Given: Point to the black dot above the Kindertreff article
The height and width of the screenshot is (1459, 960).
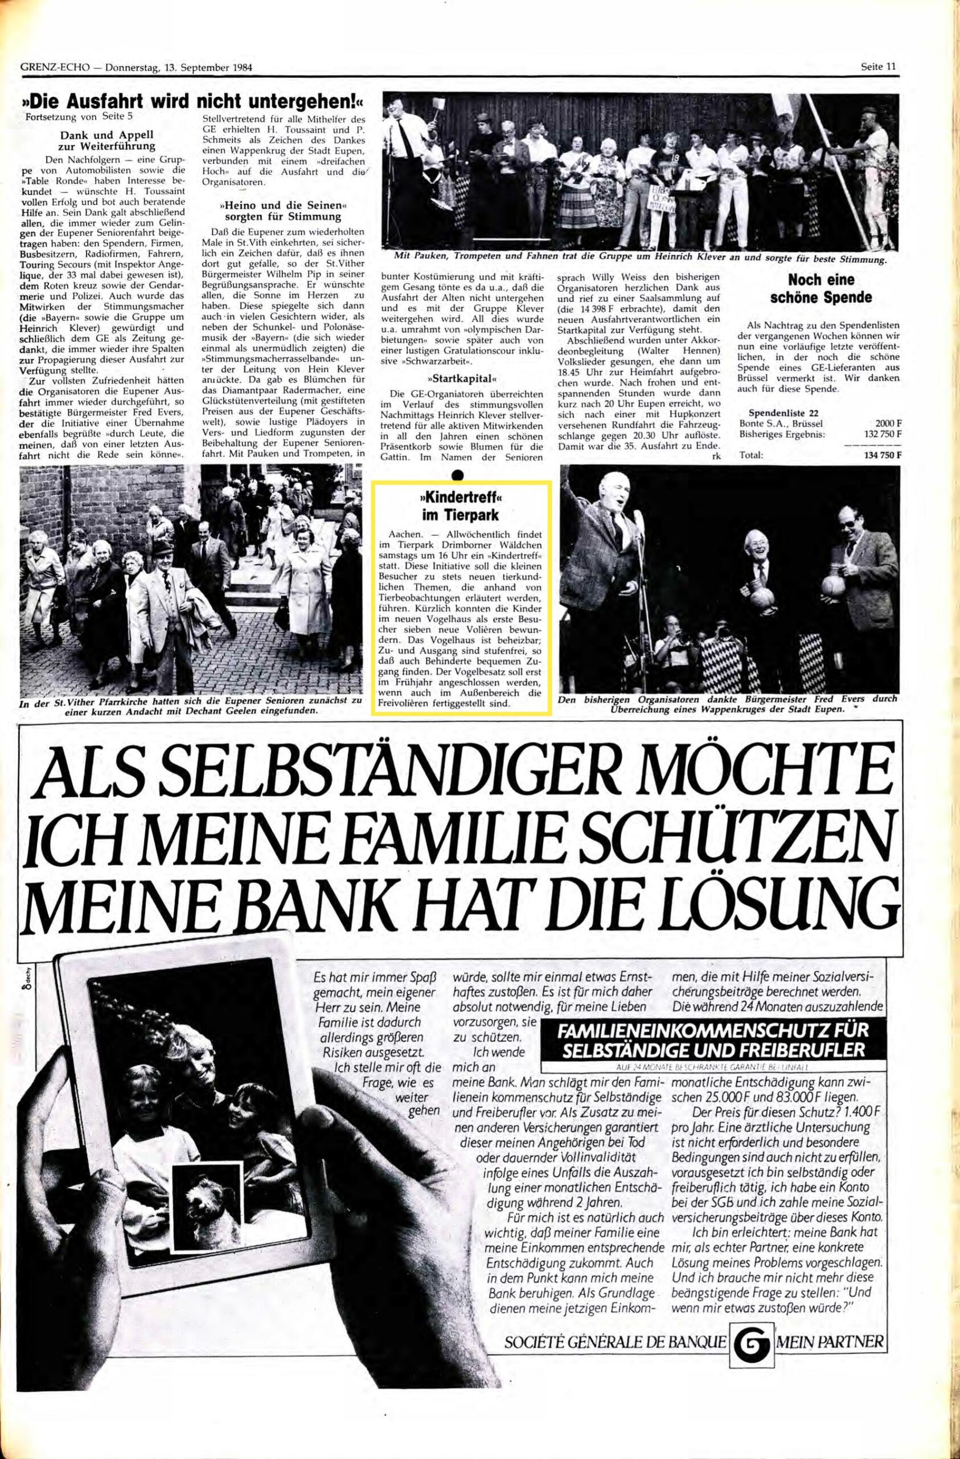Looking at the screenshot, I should tap(457, 475).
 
